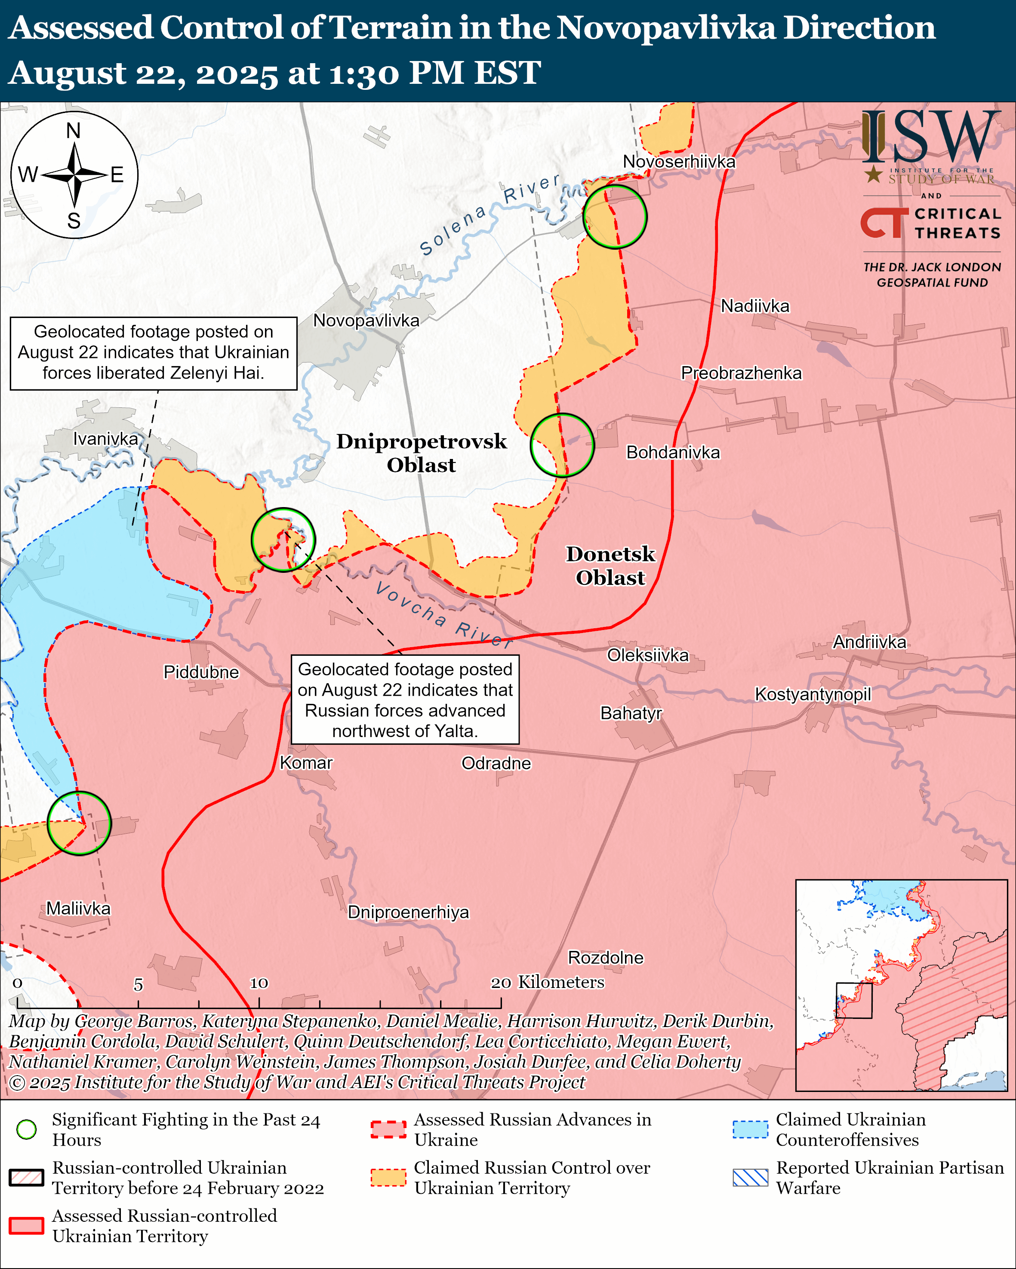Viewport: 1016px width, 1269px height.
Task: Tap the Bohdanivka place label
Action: click(x=673, y=452)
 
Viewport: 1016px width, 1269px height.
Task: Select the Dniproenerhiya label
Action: click(x=408, y=912)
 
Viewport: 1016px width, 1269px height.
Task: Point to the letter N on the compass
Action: click(x=74, y=130)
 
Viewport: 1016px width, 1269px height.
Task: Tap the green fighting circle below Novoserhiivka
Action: click(x=615, y=217)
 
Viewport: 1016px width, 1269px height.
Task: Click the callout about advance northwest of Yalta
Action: click(x=405, y=700)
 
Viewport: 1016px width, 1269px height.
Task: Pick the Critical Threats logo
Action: click(x=930, y=223)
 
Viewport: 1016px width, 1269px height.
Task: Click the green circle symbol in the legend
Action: click(x=27, y=1129)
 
